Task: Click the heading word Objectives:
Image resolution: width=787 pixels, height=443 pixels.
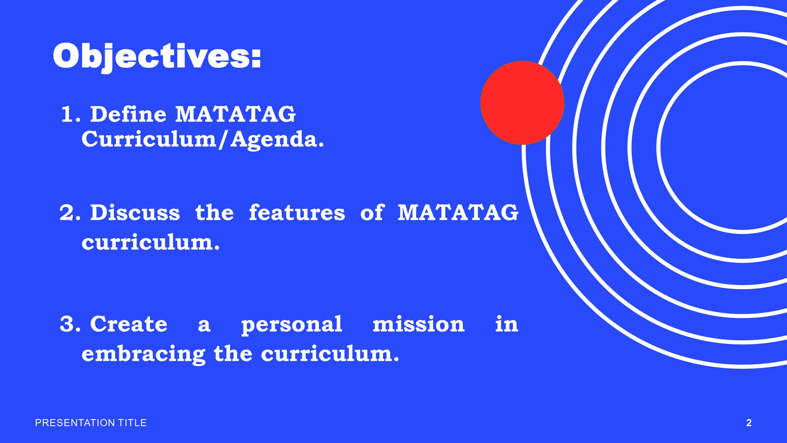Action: click(x=157, y=57)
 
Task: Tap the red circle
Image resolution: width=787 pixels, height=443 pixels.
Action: click(x=522, y=103)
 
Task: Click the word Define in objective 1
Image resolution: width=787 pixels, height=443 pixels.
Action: click(x=128, y=114)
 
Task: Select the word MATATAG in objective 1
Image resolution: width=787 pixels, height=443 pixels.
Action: click(x=235, y=114)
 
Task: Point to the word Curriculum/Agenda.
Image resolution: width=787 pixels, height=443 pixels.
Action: click(x=203, y=139)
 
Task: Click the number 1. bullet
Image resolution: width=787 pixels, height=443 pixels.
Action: click(x=71, y=115)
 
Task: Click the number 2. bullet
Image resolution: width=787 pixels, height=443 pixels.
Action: click(x=70, y=213)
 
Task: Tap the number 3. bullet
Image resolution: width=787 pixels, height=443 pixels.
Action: click(x=70, y=324)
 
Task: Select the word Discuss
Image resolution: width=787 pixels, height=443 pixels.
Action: click(x=135, y=213)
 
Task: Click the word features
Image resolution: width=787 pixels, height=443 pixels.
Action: click(x=297, y=213)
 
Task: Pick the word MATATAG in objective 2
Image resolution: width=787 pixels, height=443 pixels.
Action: click(x=458, y=213)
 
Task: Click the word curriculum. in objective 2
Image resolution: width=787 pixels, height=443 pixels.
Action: click(x=150, y=242)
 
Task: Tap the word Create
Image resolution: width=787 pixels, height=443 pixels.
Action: click(x=129, y=324)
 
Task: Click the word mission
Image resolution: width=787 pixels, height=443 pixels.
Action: click(x=418, y=324)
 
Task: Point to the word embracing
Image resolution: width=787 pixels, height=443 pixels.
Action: click(x=143, y=354)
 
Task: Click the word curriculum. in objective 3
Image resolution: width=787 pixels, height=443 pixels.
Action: click(x=330, y=353)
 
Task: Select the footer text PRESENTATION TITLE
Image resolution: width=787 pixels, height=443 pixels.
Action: click(x=91, y=423)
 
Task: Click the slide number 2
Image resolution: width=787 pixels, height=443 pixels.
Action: click(x=749, y=423)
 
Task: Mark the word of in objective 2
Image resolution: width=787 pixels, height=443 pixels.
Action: click(x=372, y=213)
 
